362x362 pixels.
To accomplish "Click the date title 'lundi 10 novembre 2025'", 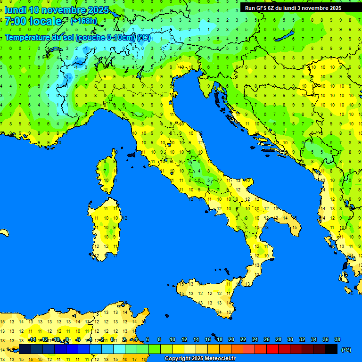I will click(x=57, y=10).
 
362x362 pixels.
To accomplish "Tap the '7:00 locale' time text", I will click(x=33, y=21).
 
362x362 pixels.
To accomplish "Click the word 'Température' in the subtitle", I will click(x=28, y=37).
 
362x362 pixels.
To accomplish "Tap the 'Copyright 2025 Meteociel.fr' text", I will click(x=200, y=359).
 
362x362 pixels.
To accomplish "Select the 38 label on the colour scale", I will click(x=337, y=339).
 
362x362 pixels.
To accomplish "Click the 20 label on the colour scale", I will click(x=231, y=339).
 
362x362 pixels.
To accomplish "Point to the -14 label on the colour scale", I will click(x=32, y=339).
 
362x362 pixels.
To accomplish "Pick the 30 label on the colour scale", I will click(x=290, y=339).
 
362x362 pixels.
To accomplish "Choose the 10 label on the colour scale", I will click(x=172, y=339).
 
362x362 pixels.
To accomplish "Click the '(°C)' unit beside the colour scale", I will click(x=346, y=350).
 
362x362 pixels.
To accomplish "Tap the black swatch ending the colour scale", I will click(x=331, y=349).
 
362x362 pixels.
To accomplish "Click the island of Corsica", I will click(x=108, y=172).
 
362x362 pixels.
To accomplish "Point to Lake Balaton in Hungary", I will click(x=285, y=37).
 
